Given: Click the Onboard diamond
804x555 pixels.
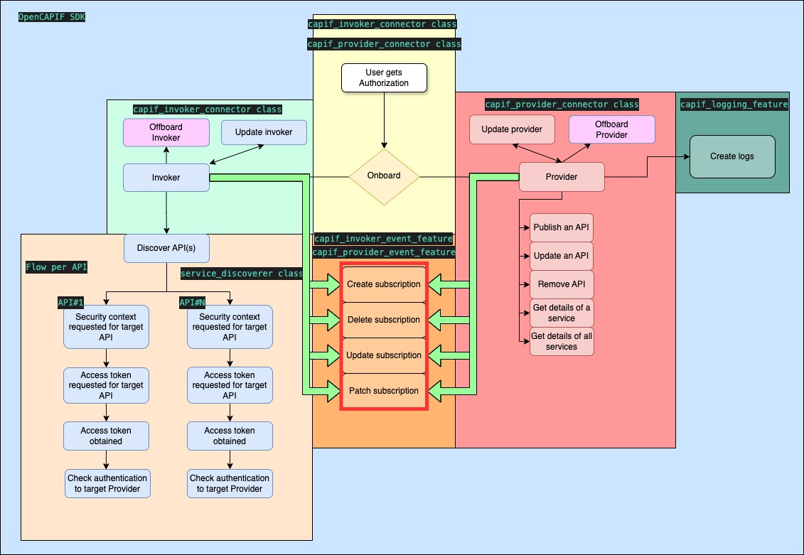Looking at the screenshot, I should point(384,176).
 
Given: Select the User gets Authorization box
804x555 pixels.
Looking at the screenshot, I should point(384,77).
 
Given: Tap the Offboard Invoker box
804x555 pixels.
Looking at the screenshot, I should point(166,132).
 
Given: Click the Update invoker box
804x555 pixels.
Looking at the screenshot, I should point(264,132).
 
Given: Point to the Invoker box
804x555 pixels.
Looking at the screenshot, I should point(166,177).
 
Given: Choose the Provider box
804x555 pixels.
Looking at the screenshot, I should point(562,177).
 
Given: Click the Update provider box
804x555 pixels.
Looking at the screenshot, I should point(512,129).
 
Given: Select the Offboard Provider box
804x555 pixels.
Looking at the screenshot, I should point(611,129).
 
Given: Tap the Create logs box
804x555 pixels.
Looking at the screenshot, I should point(731,156).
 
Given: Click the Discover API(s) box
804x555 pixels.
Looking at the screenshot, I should point(166,248).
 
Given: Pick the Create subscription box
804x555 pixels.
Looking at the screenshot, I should point(384,284).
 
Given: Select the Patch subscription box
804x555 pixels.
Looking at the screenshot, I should point(384,391).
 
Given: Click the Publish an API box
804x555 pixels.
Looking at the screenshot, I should point(562,227).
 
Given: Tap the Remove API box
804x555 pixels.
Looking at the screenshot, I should point(562,284).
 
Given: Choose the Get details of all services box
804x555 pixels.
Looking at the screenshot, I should point(562,341).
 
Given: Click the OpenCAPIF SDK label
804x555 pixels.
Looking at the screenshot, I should point(51,16).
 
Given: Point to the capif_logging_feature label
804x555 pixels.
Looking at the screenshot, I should point(734,104).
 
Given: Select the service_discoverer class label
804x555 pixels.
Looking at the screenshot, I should point(242,274).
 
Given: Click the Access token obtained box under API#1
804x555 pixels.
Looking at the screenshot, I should point(106,436).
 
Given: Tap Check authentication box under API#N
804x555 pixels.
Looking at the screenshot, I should point(230,483).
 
